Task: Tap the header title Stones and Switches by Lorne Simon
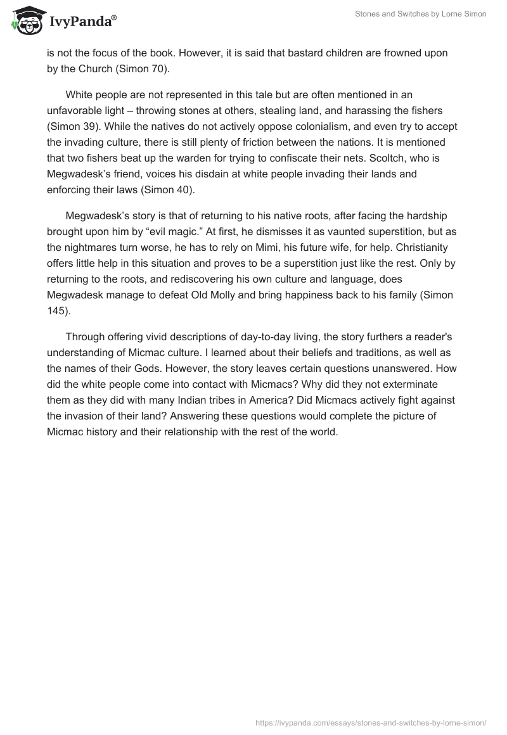tap(421, 14)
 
